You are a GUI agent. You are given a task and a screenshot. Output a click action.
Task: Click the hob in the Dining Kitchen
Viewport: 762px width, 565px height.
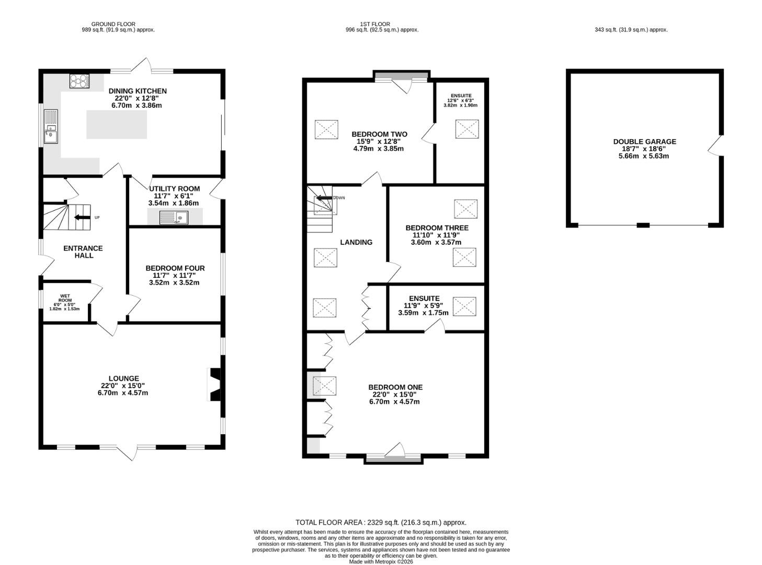[x=79, y=82]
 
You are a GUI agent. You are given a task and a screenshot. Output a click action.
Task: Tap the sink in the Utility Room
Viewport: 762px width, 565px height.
[x=174, y=218]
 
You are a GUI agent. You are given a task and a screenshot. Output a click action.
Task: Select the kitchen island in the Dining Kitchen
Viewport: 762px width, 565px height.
[x=117, y=125]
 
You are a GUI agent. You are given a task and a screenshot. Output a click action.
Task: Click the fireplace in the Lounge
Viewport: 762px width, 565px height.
[x=214, y=385]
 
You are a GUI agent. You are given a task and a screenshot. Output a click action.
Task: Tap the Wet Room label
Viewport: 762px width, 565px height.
[x=65, y=298]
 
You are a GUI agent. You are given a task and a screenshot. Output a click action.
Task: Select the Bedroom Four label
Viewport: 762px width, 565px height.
[x=175, y=268]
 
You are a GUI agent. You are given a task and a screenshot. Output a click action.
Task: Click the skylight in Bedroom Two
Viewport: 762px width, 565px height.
[x=326, y=129]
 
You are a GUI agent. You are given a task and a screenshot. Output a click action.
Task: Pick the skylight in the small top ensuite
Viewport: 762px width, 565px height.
[x=467, y=129]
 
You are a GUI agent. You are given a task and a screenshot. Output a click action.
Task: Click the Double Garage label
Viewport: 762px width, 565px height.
[x=644, y=142]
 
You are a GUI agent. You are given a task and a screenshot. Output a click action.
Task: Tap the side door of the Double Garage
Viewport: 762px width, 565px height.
[x=714, y=145]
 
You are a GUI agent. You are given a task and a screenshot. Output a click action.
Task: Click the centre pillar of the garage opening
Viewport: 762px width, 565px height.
[x=643, y=225]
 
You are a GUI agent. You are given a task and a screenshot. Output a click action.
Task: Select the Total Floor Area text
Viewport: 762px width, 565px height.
[x=381, y=523]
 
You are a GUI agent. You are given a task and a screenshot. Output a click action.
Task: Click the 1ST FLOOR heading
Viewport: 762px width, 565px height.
[x=375, y=24]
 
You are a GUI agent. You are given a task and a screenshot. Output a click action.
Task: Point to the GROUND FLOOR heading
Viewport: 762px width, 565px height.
[x=113, y=24]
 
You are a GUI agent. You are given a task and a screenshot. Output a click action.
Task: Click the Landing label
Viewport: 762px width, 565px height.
[x=356, y=242]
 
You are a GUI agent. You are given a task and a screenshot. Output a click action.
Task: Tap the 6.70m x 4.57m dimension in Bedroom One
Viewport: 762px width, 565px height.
[x=394, y=401]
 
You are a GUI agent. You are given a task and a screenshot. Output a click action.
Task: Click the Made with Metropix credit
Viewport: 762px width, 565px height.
[x=381, y=561]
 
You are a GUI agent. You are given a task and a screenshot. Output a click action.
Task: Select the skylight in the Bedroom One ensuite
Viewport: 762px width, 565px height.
[x=464, y=306]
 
